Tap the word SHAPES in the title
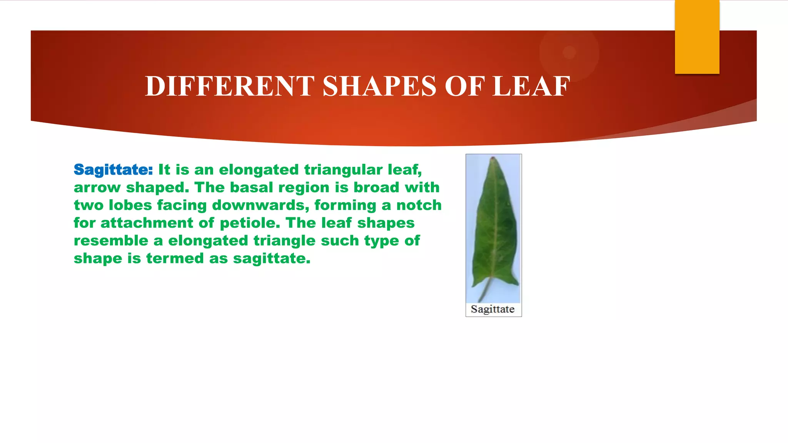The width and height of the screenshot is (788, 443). [x=379, y=86]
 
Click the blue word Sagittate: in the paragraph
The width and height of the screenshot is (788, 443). [x=113, y=170]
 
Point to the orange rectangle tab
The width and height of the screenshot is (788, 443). [x=697, y=37]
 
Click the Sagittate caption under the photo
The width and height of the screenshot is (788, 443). [x=492, y=309]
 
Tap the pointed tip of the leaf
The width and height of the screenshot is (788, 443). [x=492, y=159]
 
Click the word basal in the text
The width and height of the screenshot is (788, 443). [x=251, y=188]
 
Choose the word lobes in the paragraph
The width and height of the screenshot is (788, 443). [x=130, y=205]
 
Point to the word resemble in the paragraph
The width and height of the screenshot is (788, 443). [x=111, y=241]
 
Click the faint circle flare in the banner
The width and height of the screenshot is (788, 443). [x=569, y=52]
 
